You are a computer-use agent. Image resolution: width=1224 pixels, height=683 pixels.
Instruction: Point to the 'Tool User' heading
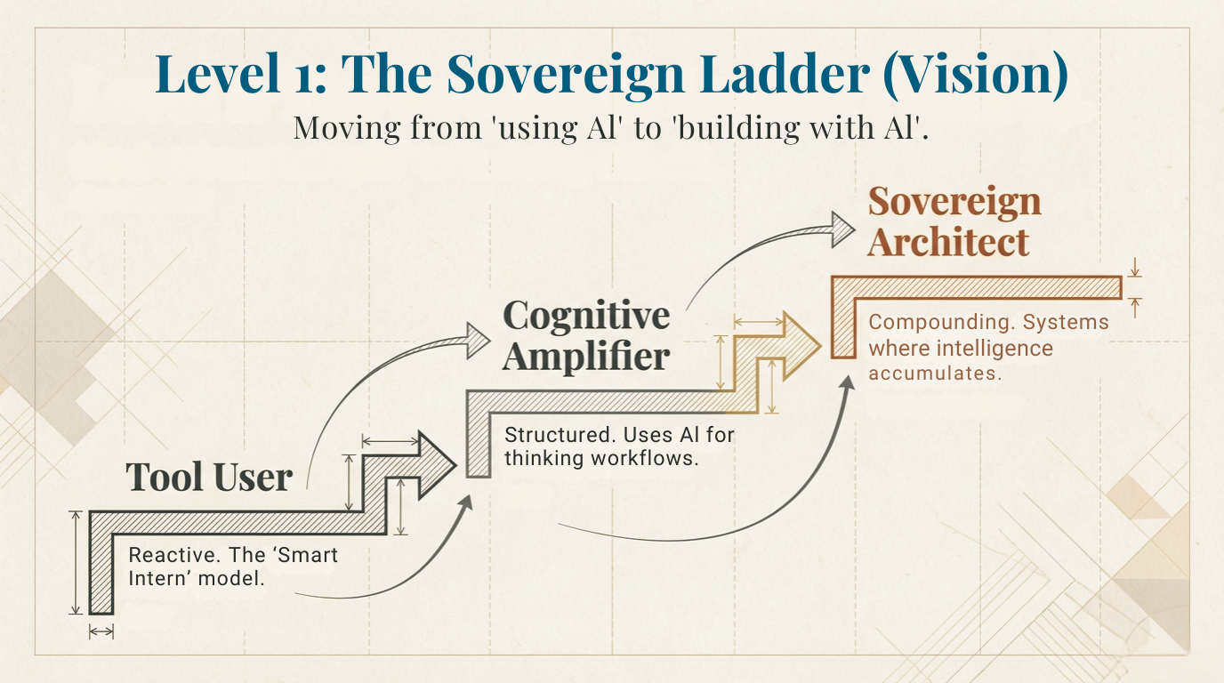pos(209,478)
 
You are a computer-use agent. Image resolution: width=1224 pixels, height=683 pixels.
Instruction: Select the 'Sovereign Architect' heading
pos(954,221)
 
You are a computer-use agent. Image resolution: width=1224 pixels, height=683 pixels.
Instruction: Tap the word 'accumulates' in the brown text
pos(935,374)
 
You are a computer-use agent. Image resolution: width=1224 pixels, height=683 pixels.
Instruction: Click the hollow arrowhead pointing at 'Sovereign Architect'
pos(841,229)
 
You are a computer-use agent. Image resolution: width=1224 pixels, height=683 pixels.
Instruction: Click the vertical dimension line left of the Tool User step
pos(76,562)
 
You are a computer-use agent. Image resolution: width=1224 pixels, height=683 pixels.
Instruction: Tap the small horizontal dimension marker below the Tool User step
pos(101,631)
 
